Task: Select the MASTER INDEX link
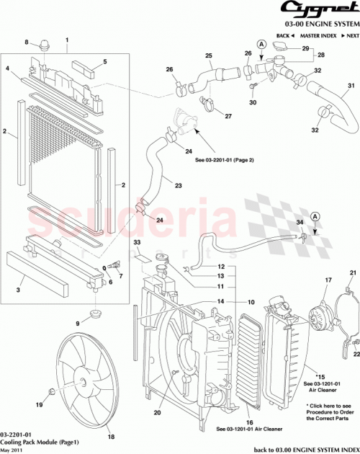point(319,35)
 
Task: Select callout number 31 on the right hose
point(352,87)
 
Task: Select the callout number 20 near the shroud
point(156,413)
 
